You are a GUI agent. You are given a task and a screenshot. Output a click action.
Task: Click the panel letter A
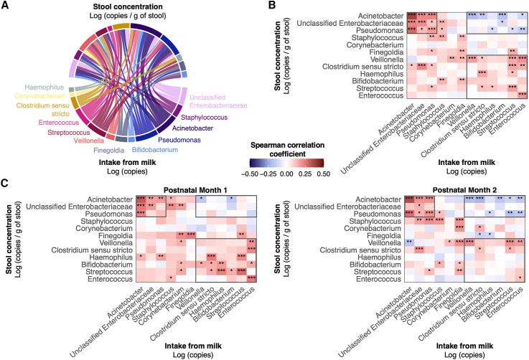[6, 6]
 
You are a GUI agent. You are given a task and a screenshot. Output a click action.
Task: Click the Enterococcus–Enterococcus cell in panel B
[522, 94]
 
